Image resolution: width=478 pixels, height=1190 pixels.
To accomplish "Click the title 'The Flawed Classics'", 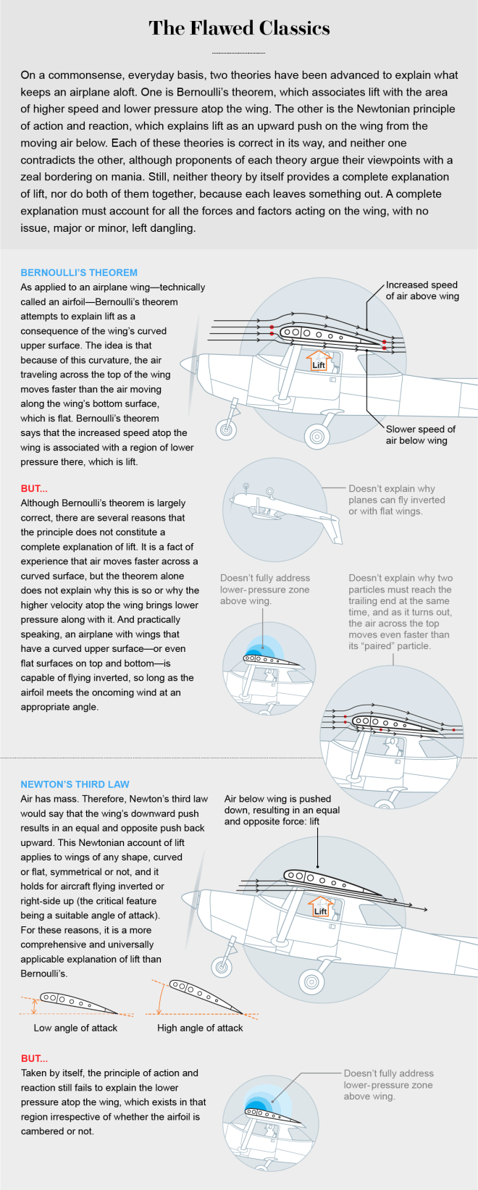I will (239, 28).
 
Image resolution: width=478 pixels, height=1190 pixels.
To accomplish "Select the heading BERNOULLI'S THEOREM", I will (79, 272).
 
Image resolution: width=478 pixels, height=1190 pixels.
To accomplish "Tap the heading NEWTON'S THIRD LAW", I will (75, 784).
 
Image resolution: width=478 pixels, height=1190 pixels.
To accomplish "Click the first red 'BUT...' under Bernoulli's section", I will (35, 488).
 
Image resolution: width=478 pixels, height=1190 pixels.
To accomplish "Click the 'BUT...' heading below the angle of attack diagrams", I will (35, 1058).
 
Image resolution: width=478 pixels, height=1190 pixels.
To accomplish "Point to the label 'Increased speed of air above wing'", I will (422, 290).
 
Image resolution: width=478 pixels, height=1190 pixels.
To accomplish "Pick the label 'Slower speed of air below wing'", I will (421, 435).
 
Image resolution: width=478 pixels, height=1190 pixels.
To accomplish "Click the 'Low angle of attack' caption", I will (75, 1028).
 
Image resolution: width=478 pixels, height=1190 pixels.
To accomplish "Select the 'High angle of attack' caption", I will (200, 1028).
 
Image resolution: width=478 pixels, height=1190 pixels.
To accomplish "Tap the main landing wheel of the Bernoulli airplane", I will (316, 436).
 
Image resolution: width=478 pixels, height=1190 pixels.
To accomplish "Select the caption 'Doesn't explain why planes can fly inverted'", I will (397, 500).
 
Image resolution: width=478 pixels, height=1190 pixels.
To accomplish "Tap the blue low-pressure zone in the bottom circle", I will (256, 1108).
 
